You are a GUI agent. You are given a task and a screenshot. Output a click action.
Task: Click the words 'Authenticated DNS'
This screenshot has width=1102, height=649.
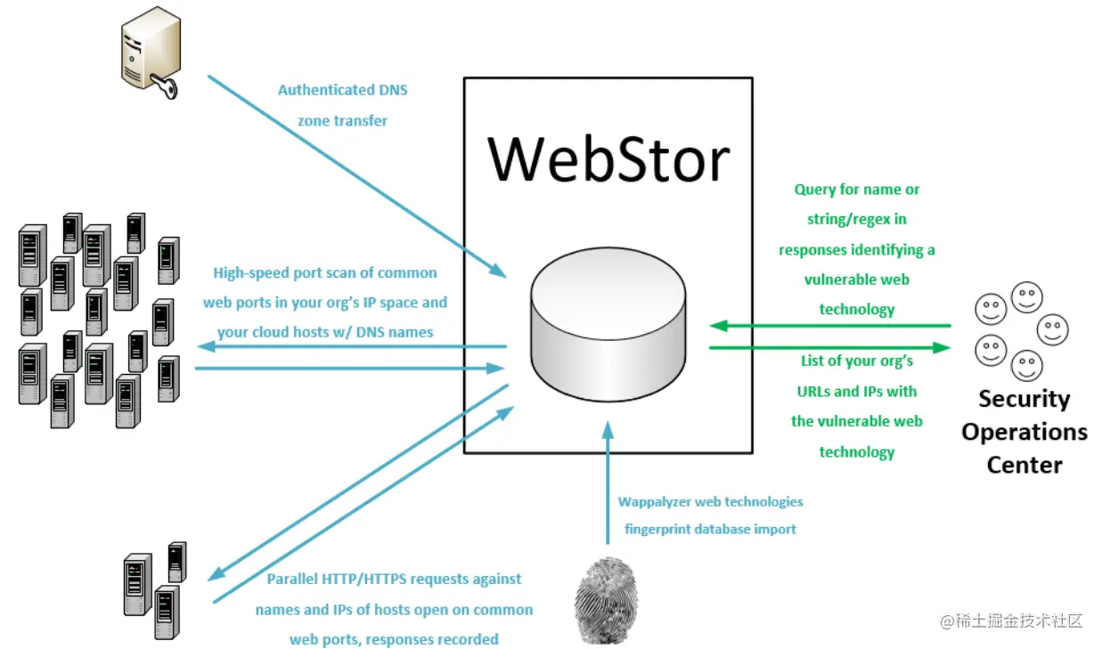[343, 90]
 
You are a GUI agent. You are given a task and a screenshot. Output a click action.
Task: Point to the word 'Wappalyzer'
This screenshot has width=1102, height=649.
[655, 502]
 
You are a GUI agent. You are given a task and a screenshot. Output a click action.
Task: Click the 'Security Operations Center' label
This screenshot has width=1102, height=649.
[1024, 432]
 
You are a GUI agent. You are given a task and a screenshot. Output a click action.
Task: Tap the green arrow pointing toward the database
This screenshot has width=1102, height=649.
[829, 326]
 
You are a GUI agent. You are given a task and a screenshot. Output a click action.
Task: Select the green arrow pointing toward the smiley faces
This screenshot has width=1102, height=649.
[829, 347]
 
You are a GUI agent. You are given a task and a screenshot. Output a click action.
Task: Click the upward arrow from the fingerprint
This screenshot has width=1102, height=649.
[608, 485]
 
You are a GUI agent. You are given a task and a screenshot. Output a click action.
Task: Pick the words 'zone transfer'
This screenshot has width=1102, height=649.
[343, 121]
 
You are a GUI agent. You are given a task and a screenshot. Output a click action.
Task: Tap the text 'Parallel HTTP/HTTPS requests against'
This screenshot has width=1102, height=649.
[395, 579]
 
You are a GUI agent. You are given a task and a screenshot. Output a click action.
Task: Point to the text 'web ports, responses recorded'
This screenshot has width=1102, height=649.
[394, 639]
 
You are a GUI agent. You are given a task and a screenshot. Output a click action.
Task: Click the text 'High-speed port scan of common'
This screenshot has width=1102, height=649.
[325, 273]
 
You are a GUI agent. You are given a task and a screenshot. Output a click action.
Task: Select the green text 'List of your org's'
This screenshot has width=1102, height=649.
[856, 361]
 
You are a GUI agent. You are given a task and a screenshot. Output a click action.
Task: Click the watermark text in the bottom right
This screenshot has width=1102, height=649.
[1011, 621]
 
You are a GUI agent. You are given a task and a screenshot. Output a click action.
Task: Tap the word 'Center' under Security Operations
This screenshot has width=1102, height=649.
[1024, 465]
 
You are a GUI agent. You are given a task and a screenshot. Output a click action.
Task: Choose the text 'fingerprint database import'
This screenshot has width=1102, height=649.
[710, 529]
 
